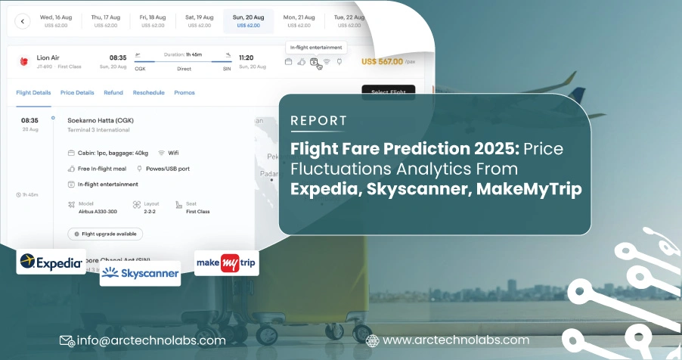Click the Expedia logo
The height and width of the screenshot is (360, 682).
(x=51, y=262)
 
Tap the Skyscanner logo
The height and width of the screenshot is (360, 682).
(x=141, y=272)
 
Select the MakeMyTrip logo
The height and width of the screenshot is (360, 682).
(x=227, y=263)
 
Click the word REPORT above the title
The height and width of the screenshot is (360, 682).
(x=319, y=120)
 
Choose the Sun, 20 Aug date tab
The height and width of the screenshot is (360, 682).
(x=248, y=20)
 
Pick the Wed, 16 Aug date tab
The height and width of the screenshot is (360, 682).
(x=57, y=20)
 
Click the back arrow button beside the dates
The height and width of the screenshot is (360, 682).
(x=21, y=21)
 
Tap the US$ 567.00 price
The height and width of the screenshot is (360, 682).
(x=382, y=62)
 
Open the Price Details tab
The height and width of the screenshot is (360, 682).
(x=77, y=93)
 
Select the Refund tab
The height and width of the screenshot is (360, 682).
(x=113, y=93)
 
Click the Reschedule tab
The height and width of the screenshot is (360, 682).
(x=148, y=93)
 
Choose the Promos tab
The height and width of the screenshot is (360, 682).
(x=184, y=93)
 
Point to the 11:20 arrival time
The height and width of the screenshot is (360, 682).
(x=246, y=57)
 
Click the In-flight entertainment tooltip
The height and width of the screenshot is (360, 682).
(x=316, y=47)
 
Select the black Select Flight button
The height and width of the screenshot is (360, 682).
(x=388, y=92)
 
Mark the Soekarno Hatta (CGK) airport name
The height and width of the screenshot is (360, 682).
(x=97, y=120)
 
